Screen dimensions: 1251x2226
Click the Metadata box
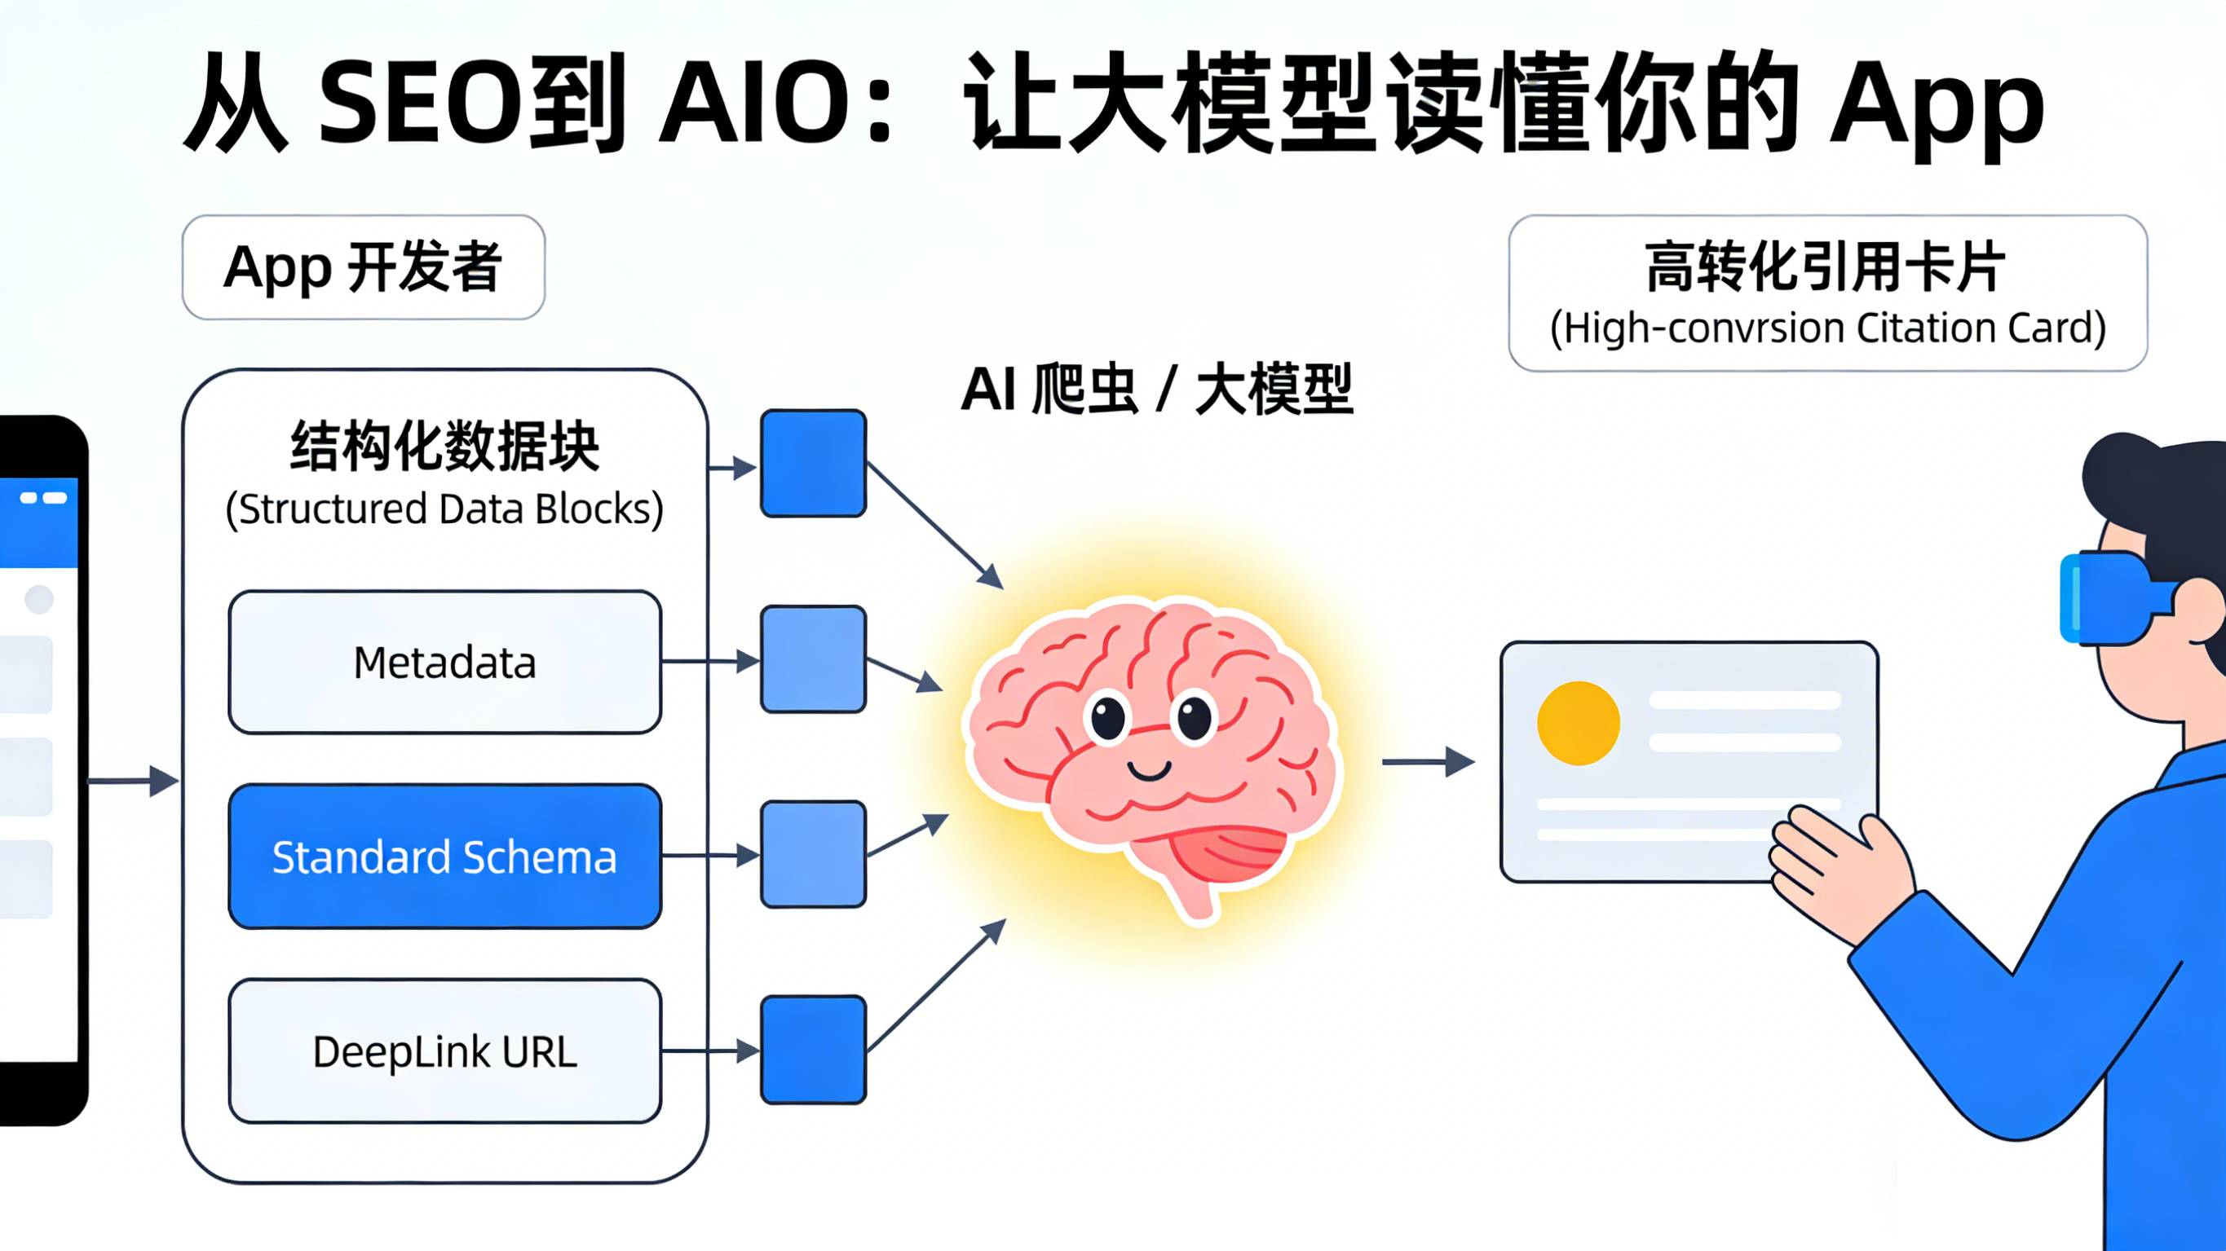click(x=444, y=663)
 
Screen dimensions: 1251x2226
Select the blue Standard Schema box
click(x=444, y=857)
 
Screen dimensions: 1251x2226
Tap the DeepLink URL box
click(x=444, y=1051)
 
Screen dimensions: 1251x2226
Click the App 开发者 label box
click(x=363, y=267)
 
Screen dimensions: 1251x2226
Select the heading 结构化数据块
click(x=444, y=447)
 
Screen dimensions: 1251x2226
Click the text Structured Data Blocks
click(x=444, y=509)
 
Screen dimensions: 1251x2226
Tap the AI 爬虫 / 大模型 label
click(x=1156, y=390)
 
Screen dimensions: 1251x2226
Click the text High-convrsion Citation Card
click(x=1827, y=328)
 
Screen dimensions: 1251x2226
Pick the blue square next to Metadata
click(x=813, y=659)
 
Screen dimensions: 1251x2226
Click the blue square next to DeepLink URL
click(x=813, y=1050)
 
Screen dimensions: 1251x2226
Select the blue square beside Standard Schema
click(x=813, y=854)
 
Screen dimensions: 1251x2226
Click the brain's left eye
click(x=1108, y=718)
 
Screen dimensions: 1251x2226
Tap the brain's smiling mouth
click(x=1150, y=770)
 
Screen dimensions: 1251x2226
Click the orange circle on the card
click(x=1578, y=723)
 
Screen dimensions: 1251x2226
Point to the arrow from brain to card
click(x=1426, y=762)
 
